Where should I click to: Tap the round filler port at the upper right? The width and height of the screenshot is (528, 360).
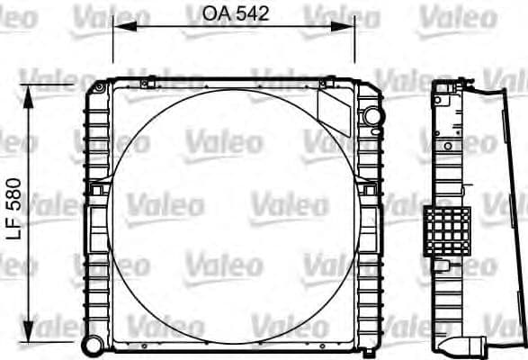pyautogui.click(x=371, y=116)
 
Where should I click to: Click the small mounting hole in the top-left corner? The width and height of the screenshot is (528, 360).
pyautogui.click(x=98, y=87)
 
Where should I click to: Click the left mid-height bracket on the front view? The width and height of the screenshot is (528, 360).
pyautogui.click(x=95, y=190)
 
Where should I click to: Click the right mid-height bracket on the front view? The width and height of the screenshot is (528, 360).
pyautogui.click(x=368, y=190)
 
